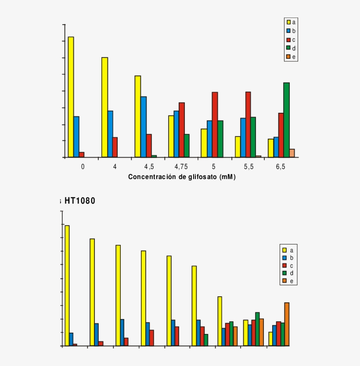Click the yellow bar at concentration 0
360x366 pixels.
pos(71,97)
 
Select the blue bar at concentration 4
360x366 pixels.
pos(110,134)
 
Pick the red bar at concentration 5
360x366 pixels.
pos(215,125)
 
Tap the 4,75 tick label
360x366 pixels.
pos(181,167)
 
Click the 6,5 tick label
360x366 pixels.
pos(281,167)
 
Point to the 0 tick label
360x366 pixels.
pos(83,167)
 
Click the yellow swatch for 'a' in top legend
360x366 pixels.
pos(288,22)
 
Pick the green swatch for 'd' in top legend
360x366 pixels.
pos(288,48)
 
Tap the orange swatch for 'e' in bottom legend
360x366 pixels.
pos(284,281)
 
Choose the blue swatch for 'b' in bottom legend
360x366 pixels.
pos(284,258)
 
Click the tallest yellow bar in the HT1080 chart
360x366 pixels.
pos(67,285)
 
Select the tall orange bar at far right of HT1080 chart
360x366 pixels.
pos(287,324)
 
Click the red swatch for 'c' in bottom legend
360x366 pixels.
pos(284,266)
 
